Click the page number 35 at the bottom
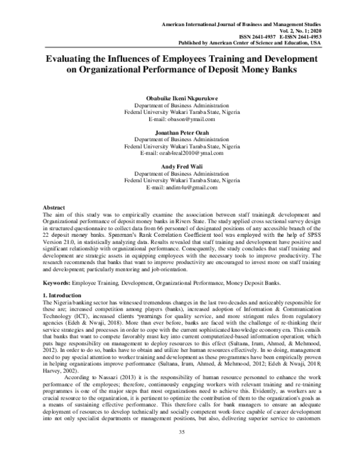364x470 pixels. tap(181, 448)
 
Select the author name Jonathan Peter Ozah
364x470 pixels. tap(182, 132)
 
